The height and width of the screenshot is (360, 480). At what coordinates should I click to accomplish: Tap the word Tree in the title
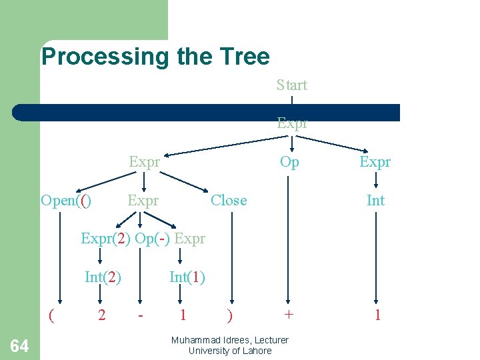(x=246, y=57)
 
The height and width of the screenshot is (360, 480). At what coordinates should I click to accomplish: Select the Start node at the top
(x=292, y=85)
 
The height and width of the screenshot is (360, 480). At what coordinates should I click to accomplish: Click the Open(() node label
(x=66, y=201)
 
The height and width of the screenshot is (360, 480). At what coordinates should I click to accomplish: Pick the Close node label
(x=229, y=201)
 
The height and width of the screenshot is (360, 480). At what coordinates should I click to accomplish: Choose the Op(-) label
(x=153, y=239)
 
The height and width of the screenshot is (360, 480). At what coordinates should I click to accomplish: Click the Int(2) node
(x=103, y=277)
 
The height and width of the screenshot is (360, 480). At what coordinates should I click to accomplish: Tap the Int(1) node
(x=187, y=277)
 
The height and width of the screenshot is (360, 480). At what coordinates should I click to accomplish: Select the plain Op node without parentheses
(x=289, y=163)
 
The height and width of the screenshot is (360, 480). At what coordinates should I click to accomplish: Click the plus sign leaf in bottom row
(x=288, y=315)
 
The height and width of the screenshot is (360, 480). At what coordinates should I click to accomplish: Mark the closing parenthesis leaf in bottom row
(x=230, y=315)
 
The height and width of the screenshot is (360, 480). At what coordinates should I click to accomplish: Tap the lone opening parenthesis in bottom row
(x=51, y=315)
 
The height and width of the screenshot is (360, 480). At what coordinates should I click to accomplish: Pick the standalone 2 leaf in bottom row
(x=101, y=315)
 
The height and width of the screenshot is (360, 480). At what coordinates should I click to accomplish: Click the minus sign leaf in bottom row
(x=140, y=315)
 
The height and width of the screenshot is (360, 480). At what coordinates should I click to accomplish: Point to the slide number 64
(x=20, y=345)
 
